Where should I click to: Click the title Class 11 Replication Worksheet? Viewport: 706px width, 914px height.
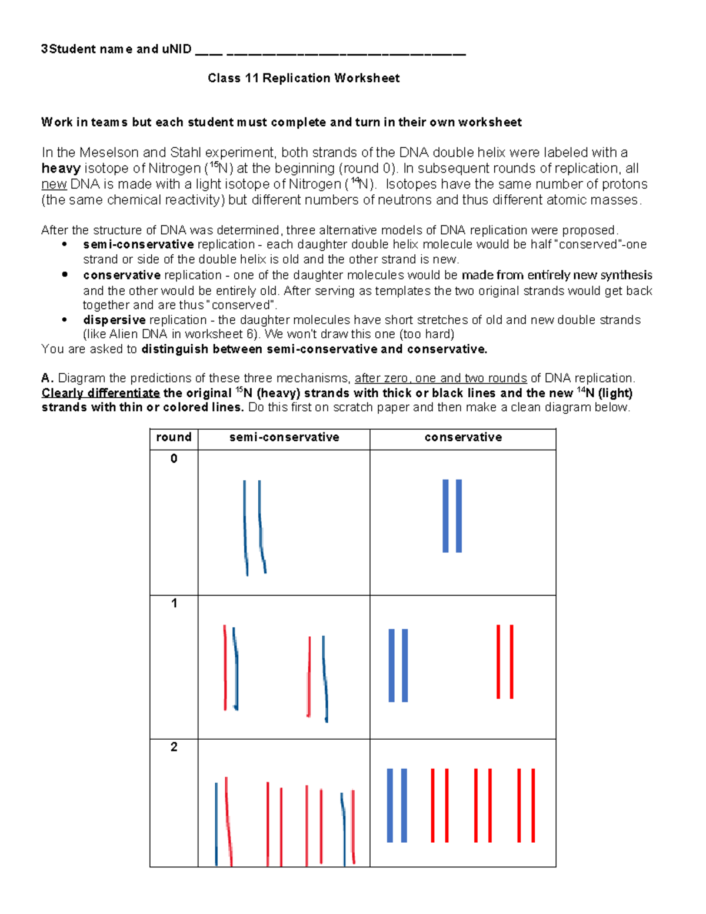pyautogui.click(x=304, y=78)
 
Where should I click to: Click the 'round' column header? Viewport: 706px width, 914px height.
pyautogui.click(x=174, y=437)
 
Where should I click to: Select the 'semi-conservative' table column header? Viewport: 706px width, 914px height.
pyautogui.click(x=284, y=437)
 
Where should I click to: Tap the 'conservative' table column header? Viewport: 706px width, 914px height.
pyautogui.click(x=463, y=437)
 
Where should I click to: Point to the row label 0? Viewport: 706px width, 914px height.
pyautogui.click(x=174, y=459)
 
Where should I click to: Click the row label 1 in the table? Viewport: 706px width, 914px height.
pyautogui.click(x=174, y=603)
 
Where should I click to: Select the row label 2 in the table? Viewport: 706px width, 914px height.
pyautogui.click(x=174, y=747)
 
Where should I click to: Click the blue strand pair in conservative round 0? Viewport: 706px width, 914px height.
pyautogui.click(x=452, y=516)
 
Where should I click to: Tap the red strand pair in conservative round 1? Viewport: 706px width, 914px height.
pyautogui.click(x=505, y=662)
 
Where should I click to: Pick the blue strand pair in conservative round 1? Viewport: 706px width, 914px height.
pyautogui.click(x=398, y=665)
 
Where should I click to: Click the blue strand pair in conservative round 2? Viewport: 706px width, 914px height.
pyautogui.click(x=397, y=805)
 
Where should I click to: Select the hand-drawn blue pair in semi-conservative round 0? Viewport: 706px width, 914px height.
pyautogui.click(x=254, y=527)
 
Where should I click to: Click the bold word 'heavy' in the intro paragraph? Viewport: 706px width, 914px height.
pyautogui.click(x=61, y=169)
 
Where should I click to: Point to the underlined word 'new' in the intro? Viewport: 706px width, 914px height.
pyautogui.click(x=54, y=185)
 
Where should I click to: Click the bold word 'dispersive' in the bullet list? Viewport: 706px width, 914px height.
pyautogui.click(x=114, y=320)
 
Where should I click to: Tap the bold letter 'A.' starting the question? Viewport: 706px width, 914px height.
pyautogui.click(x=48, y=378)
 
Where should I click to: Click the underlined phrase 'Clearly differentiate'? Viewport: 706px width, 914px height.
pyautogui.click(x=101, y=393)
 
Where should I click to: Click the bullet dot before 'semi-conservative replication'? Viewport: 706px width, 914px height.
pyautogui.click(x=65, y=244)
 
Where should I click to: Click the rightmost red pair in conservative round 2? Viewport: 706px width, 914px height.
pyautogui.click(x=526, y=805)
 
